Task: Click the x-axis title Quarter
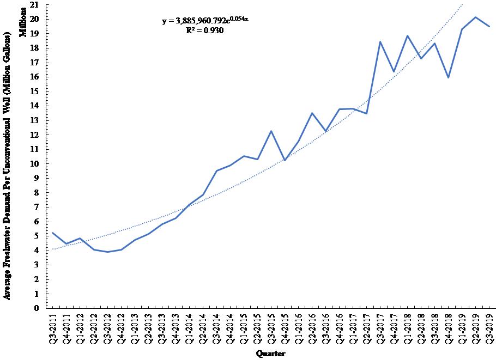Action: (x=271, y=353)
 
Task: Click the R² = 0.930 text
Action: (x=205, y=30)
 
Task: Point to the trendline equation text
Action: (x=205, y=21)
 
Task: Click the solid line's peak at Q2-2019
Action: (x=475, y=17)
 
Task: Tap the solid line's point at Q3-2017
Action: (x=380, y=42)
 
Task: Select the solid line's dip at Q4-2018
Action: (x=448, y=77)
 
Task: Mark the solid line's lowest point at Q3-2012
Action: (x=107, y=252)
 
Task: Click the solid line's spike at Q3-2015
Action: (x=271, y=131)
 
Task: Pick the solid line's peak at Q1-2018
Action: (x=407, y=36)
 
